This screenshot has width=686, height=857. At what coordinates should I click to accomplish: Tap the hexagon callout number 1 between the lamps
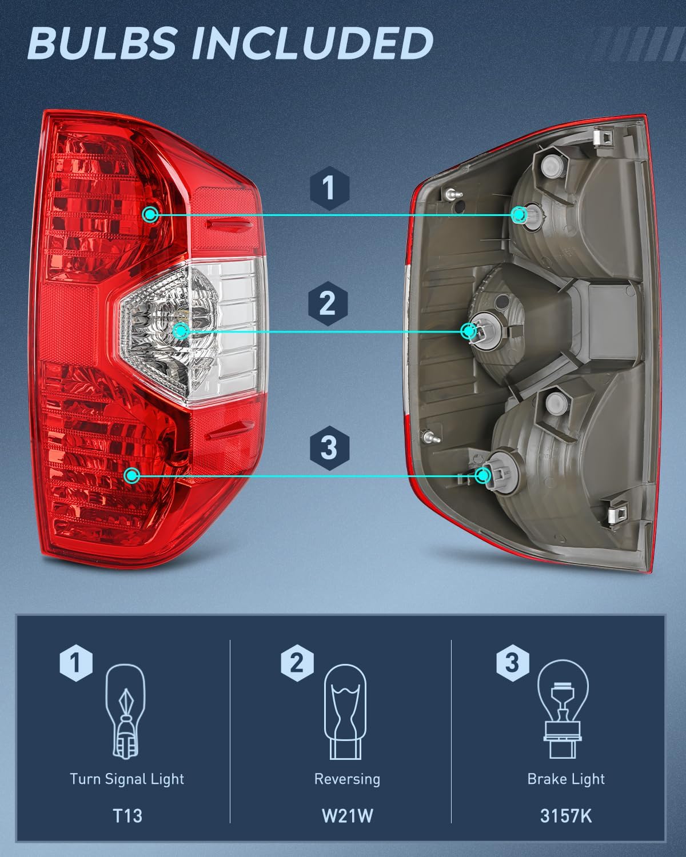pos(329,188)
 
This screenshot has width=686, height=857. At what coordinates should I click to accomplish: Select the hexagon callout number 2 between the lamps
pos(328,303)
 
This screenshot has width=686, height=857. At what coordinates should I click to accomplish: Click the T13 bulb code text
pos(127,815)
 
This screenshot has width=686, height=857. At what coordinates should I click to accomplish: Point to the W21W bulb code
pos(347,815)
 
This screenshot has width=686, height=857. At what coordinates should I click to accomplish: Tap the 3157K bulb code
pos(566,815)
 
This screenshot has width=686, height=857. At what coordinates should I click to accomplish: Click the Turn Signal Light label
pos(127,779)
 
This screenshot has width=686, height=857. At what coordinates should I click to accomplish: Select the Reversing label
pos(347,779)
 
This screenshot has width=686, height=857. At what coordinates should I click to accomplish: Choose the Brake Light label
pos(566,779)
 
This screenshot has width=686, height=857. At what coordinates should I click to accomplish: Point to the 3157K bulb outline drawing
pos(563,708)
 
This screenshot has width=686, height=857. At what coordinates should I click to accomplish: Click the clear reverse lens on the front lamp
pos(229,331)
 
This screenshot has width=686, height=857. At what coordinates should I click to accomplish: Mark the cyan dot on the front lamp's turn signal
pos(150,215)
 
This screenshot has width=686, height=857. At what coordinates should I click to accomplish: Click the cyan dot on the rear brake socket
pos(484,475)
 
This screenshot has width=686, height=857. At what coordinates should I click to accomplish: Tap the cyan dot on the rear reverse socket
pos(469,331)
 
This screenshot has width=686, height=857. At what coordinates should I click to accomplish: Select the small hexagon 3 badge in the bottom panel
pos(512,663)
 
